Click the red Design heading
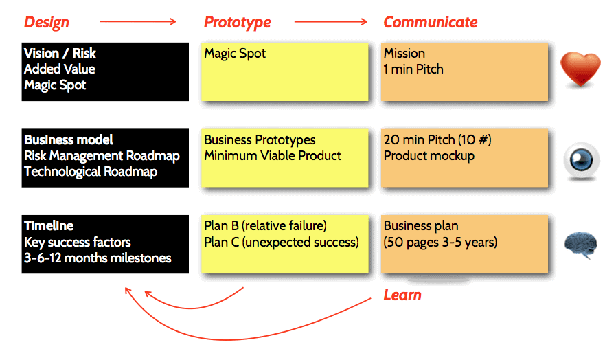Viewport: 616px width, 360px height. coord(46,22)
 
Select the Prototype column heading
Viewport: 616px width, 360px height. coord(237,22)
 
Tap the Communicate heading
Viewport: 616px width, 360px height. coord(430,22)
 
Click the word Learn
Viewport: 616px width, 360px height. coord(402,295)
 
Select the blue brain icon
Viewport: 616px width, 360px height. coord(580,245)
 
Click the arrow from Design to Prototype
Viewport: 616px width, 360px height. coord(137,22)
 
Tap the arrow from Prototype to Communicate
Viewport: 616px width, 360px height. coord(331,22)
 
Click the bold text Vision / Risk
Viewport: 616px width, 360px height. coord(60,54)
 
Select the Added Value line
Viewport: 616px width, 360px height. coord(59,69)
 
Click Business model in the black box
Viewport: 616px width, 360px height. coord(69,140)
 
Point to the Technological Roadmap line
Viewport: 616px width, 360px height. coord(91,172)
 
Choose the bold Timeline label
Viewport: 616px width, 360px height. coord(49,226)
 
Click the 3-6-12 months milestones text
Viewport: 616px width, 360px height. coord(98,258)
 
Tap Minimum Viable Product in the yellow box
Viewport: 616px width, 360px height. coord(273,156)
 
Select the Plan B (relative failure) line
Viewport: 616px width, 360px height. coord(265,226)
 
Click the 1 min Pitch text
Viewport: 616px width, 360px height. coord(413,69)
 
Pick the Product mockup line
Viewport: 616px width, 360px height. coord(429,156)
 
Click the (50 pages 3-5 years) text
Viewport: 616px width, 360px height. coord(440,242)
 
